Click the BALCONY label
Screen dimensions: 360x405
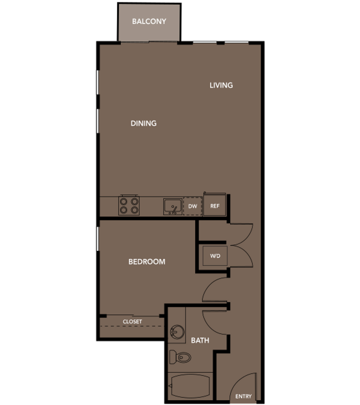149,21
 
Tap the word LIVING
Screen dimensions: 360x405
221,85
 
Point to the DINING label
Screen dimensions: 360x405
144,123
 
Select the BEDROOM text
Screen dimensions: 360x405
147,262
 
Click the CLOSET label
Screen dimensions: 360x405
132,322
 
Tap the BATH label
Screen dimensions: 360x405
200,340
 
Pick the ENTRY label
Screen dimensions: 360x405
243,396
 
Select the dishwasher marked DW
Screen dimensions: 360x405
193,206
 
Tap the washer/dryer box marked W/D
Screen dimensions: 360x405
215,256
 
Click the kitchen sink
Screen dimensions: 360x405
173,207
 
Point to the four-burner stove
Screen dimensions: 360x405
129,205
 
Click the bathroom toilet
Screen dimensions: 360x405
180,357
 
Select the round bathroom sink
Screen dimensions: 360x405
177,332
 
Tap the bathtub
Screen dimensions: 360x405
190,386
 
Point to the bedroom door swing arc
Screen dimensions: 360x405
207,285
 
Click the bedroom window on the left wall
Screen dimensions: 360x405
97,238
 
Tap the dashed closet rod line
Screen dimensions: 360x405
132,326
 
